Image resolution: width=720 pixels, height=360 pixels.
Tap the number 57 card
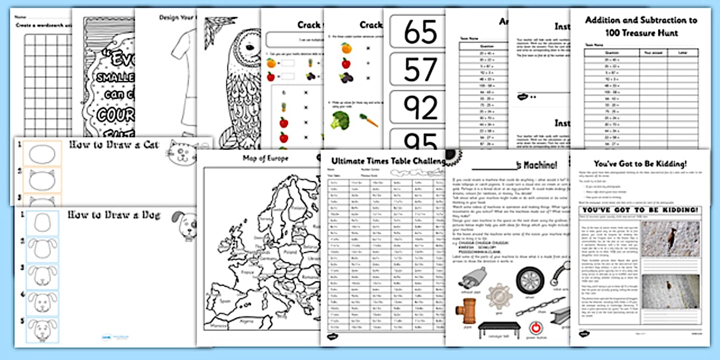pyautogui.click(x=420, y=70)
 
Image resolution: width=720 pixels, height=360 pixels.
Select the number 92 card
pyautogui.click(x=420, y=107)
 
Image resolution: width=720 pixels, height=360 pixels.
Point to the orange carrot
pyautogui.click(x=369, y=120)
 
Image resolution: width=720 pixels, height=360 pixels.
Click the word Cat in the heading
pyautogui.click(x=146, y=145)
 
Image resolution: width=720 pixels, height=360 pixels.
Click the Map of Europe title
pyautogui.click(x=265, y=158)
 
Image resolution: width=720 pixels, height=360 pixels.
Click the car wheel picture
pyautogui.click(x=528, y=280)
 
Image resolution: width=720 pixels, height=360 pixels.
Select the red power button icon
pyautogui.click(x=536, y=329)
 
